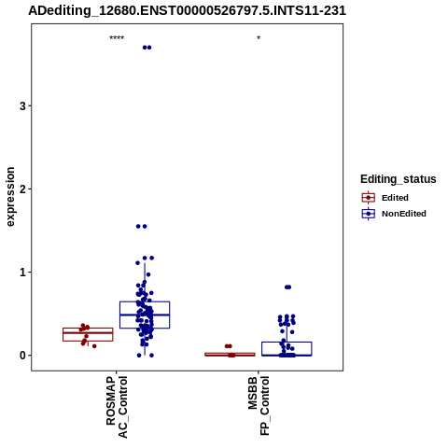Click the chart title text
pos(187,11)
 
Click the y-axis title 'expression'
pos(10,197)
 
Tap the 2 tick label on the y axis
pos(22,189)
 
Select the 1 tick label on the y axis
pos(22,273)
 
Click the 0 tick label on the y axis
pos(22,356)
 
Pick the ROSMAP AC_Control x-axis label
pos(117,407)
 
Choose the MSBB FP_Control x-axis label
pos(259,406)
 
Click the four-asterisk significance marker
pos(117,38)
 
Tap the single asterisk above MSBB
pos(259,38)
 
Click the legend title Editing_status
pos(399,179)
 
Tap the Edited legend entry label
pos(395,198)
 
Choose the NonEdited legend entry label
pos(404,214)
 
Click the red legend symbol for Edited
pos(369,198)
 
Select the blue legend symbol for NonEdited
pos(369,214)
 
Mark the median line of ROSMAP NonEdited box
pos(145,315)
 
